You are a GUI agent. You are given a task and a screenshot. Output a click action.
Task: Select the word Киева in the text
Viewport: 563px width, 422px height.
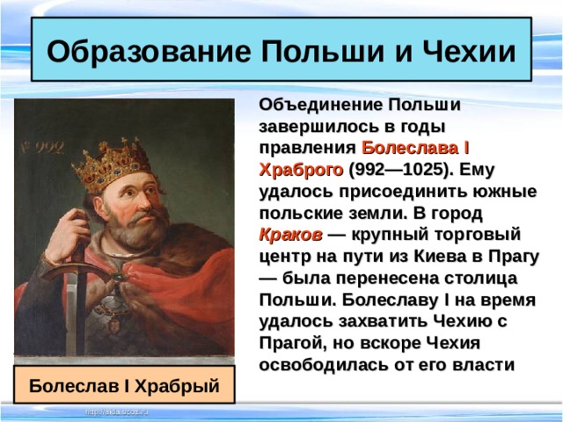click(419, 258)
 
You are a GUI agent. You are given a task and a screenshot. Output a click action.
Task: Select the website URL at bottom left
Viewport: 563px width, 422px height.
click(117, 411)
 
